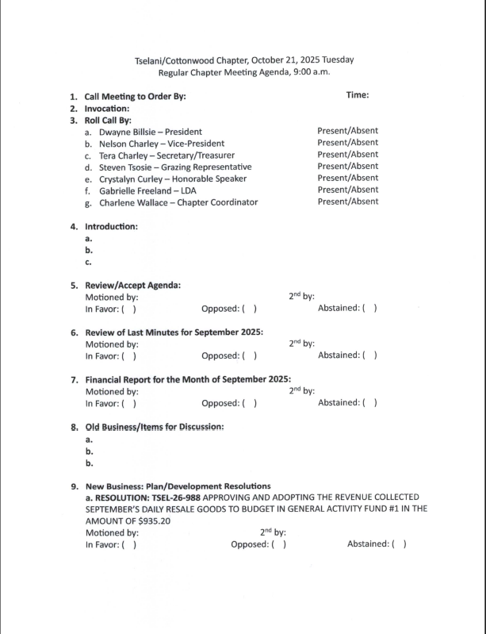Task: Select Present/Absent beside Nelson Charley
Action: (347, 143)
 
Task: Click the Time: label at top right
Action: (358, 95)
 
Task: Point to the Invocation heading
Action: (107, 109)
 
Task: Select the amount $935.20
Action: (151, 521)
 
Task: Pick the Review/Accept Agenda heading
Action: (132, 285)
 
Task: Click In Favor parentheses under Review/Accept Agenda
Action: (128, 309)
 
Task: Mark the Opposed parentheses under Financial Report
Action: (249, 403)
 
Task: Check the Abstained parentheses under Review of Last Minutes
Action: (369, 356)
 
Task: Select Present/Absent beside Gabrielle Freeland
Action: (347, 190)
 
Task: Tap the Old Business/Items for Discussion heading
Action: (155, 427)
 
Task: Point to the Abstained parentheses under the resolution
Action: (399, 545)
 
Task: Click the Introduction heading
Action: (111, 226)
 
